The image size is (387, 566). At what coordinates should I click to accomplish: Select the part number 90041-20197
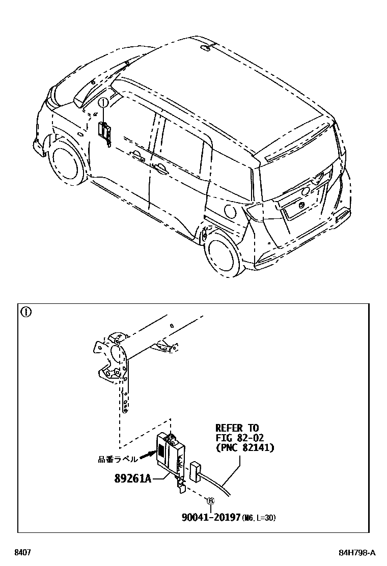click(211, 517)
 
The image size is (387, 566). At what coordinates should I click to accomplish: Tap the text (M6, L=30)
click(259, 518)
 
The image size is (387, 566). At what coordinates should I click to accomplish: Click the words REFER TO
click(237, 428)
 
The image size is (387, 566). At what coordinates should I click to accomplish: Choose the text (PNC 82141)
click(244, 448)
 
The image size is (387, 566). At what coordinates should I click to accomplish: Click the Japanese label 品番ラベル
click(118, 459)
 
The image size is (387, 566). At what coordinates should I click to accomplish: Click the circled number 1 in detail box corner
click(25, 312)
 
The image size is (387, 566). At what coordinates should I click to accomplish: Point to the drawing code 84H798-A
click(357, 553)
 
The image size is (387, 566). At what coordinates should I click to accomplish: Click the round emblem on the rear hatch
click(304, 191)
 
